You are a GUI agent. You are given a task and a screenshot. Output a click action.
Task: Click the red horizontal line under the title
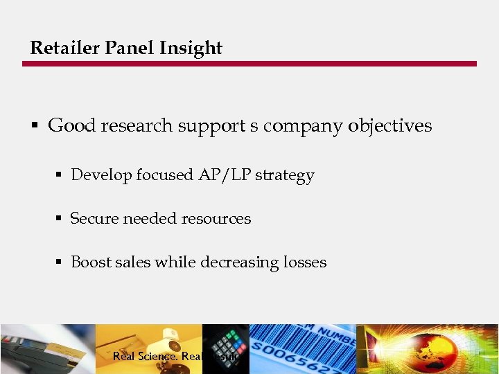[249, 64]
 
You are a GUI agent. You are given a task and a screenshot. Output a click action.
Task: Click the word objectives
[389, 125]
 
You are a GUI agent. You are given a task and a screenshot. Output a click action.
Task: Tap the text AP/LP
[225, 175]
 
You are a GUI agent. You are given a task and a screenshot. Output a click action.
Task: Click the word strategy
[285, 175]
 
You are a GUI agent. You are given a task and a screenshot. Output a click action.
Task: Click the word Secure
[94, 219]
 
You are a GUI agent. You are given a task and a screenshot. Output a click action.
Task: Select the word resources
[214, 219]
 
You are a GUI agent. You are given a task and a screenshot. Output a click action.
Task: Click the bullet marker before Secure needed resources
[60, 219]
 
